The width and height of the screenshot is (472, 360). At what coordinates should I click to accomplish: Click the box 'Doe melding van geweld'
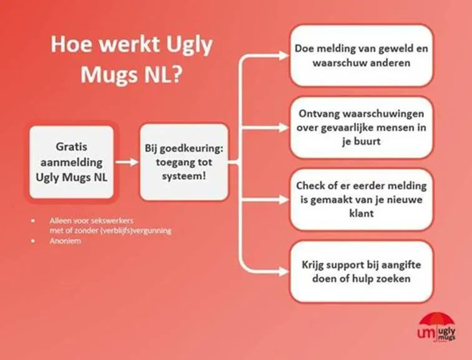[361, 56]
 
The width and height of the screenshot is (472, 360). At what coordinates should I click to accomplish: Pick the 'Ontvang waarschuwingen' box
[361, 127]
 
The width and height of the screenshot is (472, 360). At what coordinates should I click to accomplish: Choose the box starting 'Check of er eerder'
[361, 199]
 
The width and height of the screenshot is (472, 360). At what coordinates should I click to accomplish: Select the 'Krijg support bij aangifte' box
[361, 271]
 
